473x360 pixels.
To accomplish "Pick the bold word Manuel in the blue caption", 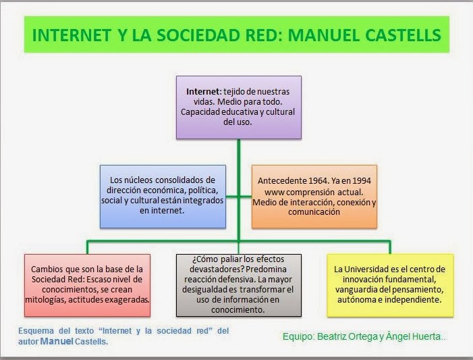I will point(56,341).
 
